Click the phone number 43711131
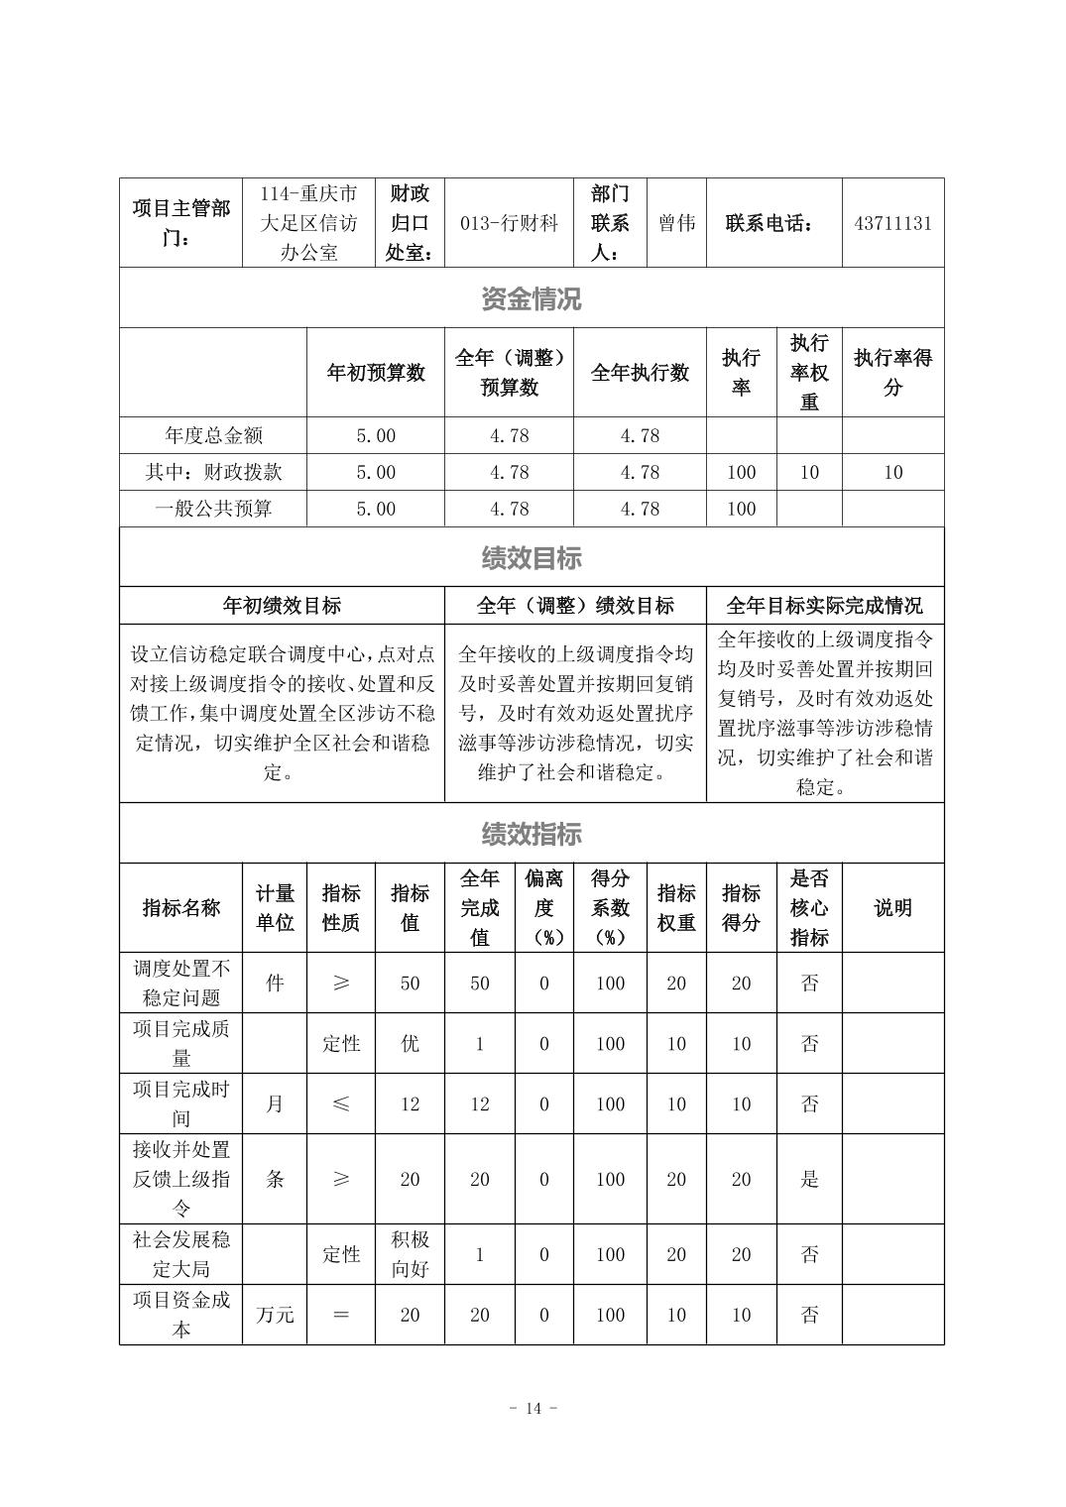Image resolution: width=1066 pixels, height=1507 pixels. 892,223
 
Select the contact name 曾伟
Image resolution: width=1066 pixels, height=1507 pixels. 676,223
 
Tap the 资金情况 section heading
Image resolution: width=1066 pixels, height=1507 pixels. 532,298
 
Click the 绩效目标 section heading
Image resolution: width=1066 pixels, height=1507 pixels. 532,558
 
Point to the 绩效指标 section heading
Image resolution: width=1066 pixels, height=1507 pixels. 532,834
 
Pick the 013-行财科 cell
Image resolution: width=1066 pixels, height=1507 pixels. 509,223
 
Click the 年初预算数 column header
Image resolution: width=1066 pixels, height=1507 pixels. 376,373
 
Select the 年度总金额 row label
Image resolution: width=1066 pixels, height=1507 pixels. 213,435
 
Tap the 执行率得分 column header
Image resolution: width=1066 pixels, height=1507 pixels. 892,373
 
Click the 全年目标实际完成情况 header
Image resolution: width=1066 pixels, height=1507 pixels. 824,606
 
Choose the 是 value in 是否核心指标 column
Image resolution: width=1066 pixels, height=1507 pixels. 809,1179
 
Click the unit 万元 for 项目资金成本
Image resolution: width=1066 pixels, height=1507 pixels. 275,1315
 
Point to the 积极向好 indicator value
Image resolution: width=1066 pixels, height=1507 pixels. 410,1254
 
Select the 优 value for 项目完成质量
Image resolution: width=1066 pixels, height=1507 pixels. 410,1043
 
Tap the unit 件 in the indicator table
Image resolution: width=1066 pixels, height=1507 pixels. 275,983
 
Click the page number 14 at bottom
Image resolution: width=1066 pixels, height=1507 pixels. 533,1409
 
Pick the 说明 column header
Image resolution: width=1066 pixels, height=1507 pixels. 892,908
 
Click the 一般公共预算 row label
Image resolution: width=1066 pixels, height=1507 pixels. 213,509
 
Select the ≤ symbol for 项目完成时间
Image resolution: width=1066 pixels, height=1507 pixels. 340,1103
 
